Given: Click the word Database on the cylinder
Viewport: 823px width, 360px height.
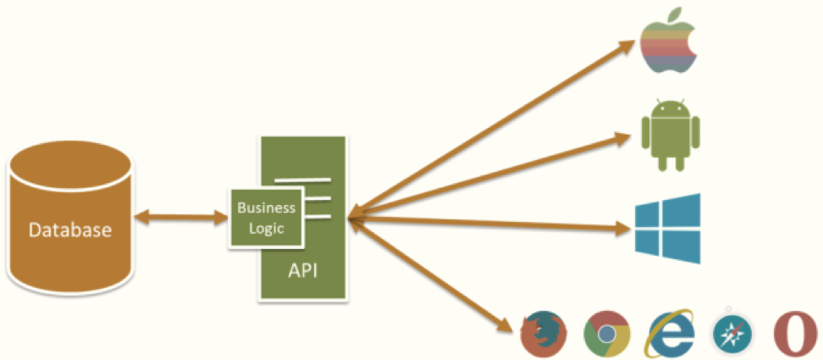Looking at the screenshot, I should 69,230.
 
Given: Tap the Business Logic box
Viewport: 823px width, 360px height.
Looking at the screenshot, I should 265,218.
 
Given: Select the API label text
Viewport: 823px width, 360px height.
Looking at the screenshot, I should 302,274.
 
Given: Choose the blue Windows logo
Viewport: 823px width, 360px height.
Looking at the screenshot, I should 669,228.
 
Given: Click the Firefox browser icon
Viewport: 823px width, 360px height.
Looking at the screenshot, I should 542,334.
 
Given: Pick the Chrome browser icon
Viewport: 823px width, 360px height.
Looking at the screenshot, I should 606,334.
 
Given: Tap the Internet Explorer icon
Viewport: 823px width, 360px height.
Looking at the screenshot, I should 671,334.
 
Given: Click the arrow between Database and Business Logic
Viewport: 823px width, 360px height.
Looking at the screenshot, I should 182,219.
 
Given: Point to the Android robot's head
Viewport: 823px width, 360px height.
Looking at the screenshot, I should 671,108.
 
